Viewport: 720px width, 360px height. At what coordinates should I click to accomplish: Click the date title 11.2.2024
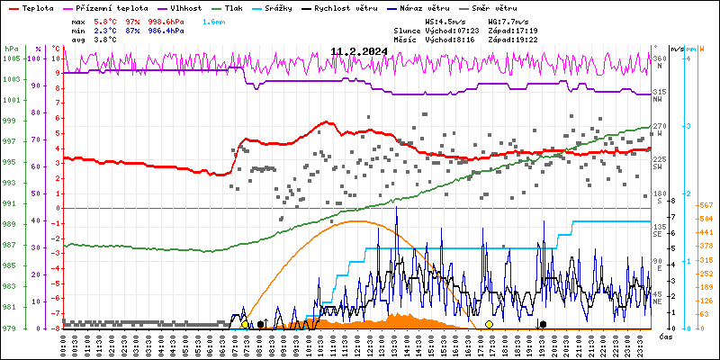click(x=359, y=51)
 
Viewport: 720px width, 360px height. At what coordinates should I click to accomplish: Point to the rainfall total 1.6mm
click(x=214, y=21)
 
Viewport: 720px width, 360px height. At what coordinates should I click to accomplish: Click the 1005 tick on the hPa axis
click(x=12, y=58)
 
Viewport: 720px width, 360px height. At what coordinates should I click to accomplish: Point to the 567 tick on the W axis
click(x=706, y=205)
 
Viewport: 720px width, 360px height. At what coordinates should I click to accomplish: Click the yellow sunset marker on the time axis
click(x=489, y=324)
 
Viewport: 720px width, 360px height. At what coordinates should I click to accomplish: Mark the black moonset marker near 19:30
click(x=543, y=324)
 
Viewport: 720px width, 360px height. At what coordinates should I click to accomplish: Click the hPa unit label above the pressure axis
click(x=11, y=49)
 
